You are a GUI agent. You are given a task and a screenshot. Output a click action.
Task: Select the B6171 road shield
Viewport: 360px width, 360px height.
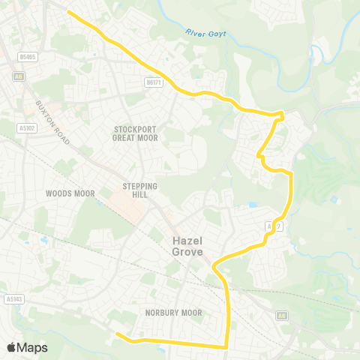(154, 82)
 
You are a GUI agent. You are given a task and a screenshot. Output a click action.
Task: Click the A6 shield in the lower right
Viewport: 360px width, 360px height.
(281, 315)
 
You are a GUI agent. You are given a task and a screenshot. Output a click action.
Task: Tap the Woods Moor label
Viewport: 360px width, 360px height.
(70, 193)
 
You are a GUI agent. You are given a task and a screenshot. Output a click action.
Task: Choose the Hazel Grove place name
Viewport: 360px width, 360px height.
(187, 247)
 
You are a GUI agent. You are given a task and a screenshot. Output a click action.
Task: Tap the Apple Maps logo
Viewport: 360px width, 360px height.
(27, 347)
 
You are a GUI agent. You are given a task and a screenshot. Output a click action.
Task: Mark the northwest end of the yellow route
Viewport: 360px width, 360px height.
(69, 12)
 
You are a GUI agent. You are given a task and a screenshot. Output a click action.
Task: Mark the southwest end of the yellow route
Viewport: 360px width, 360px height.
(116, 334)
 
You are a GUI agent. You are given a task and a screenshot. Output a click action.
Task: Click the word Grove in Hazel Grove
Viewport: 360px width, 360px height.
(187, 253)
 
